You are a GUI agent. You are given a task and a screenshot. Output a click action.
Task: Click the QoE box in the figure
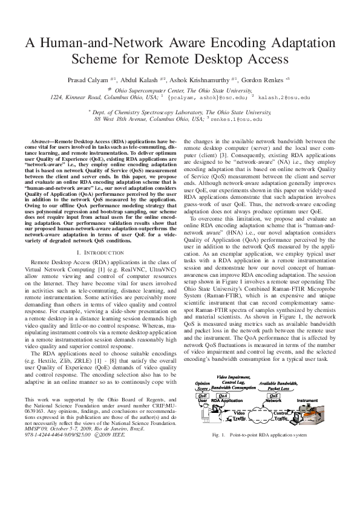[203, 395]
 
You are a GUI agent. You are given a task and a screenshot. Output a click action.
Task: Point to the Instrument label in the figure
[307, 400]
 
